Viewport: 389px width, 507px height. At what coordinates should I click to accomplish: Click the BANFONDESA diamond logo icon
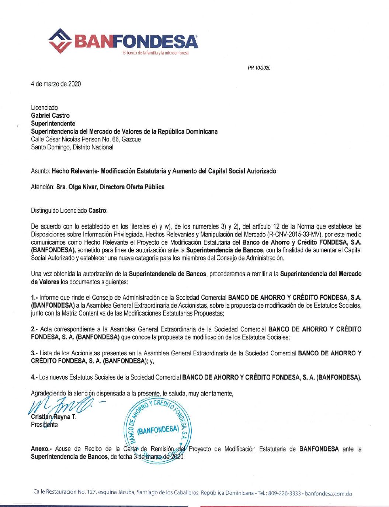coord(60,41)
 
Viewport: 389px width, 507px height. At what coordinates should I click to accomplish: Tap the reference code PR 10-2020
coord(259,68)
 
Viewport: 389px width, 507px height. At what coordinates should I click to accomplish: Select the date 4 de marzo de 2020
coord(56,84)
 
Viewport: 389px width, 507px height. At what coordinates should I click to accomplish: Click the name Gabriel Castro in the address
coord(50,116)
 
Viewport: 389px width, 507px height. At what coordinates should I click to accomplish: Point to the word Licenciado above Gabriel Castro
coord(44,108)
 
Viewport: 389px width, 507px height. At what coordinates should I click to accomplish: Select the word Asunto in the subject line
coord(40,171)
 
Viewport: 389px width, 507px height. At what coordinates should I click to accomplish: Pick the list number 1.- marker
coord(34,297)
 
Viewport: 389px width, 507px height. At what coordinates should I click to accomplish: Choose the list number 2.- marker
coord(34,329)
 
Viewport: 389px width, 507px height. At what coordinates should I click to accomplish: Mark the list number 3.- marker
coord(34,353)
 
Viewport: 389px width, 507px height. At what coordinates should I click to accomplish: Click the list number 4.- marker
coord(34,377)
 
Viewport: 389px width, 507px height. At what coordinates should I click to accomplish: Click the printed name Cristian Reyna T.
coord(54,417)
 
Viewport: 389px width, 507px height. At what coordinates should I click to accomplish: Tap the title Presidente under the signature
coord(44,425)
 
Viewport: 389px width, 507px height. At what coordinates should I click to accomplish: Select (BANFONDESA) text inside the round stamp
coord(157,430)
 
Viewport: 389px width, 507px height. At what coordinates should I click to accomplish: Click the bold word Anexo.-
coord(41,449)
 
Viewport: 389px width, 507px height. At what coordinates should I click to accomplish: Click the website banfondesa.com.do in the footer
coord(329,493)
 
